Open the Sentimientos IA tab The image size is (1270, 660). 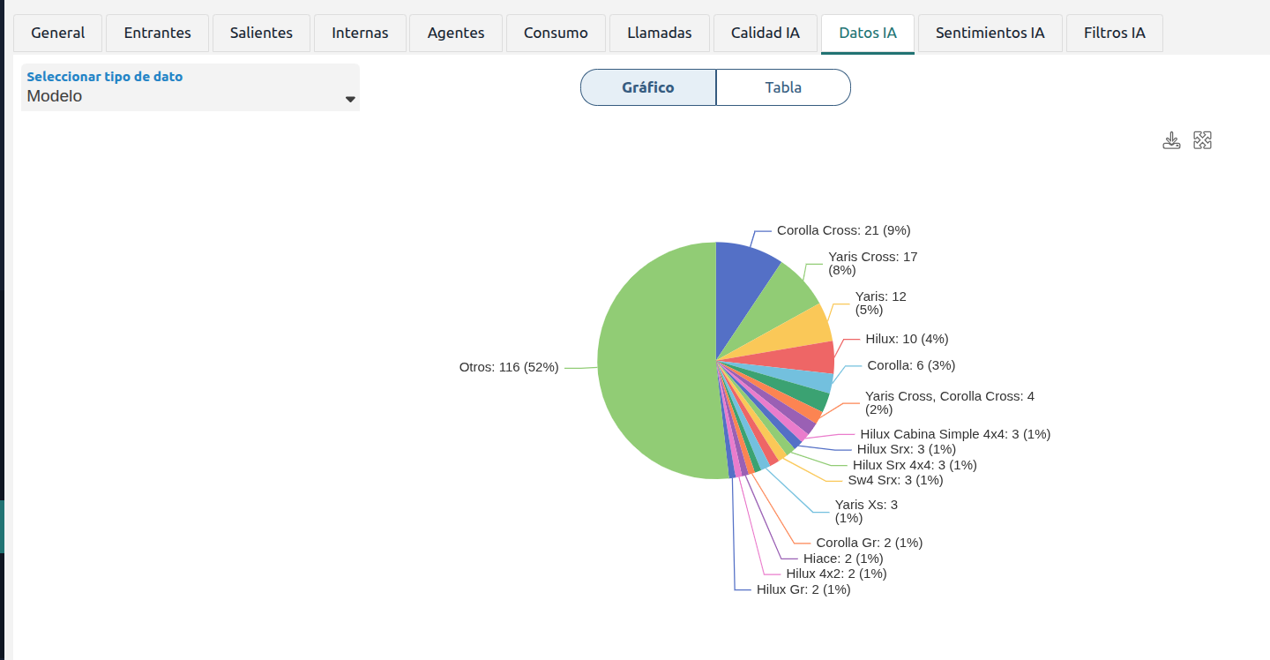(x=990, y=34)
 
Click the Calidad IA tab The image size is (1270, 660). (x=765, y=34)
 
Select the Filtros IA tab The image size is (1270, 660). (x=1114, y=34)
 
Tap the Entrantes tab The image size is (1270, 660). (x=157, y=34)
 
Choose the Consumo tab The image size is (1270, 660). (x=556, y=34)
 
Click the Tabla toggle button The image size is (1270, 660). (x=783, y=87)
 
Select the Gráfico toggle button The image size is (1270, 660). (x=648, y=87)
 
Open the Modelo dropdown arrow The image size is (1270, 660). (x=350, y=99)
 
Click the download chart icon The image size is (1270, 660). (x=1171, y=140)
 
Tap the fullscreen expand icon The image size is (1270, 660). (x=1203, y=140)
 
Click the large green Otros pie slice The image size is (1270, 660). (x=652, y=363)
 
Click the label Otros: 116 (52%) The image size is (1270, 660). (x=509, y=367)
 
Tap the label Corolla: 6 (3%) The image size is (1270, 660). (x=911, y=365)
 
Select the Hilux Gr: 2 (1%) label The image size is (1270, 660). (x=803, y=589)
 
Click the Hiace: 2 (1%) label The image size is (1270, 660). (x=843, y=559)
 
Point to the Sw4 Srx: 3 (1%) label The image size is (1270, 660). (x=895, y=480)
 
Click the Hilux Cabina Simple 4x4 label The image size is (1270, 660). (x=955, y=434)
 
